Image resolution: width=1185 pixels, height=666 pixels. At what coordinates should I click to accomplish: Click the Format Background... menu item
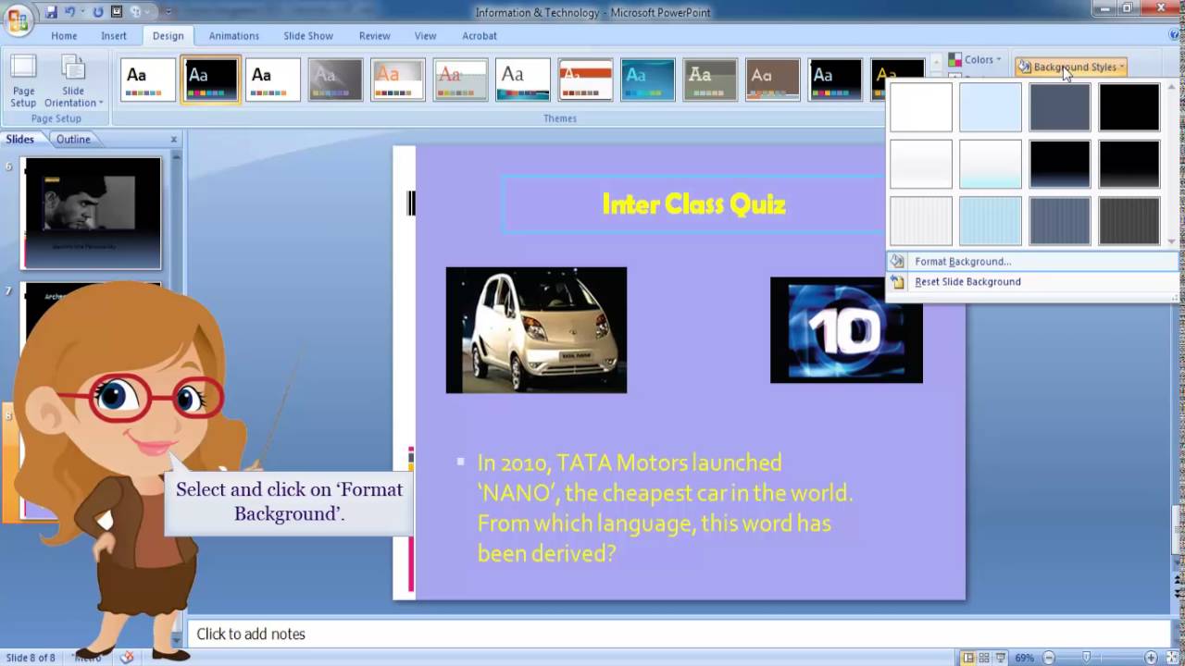point(962,262)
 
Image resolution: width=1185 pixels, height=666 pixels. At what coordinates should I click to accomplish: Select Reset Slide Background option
point(967,282)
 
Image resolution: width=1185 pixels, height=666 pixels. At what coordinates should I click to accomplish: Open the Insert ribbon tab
point(114,36)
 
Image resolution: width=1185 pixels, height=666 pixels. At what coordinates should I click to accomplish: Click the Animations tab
point(233,36)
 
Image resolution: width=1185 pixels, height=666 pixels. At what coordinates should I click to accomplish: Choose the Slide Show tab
point(307,36)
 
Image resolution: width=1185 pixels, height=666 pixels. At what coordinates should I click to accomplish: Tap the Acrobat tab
point(479,36)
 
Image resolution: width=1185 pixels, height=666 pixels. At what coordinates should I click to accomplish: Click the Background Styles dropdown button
point(1070,68)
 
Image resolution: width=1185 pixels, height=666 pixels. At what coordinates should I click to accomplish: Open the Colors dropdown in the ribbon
point(974,60)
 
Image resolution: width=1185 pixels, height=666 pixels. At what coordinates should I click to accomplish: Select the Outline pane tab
point(73,140)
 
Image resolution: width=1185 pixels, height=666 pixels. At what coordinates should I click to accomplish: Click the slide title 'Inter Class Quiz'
point(693,204)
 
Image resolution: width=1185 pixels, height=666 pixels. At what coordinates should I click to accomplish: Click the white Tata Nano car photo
point(536,330)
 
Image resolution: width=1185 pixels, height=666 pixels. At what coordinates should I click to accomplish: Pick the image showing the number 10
point(846,330)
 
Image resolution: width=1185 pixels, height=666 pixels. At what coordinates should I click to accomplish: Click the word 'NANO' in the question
point(510,493)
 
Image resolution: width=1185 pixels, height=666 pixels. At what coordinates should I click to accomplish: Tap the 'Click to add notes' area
point(251,635)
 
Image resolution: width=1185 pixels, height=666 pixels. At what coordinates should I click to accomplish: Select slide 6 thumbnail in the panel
point(92,213)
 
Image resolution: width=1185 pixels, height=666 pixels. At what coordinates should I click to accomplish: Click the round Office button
point(18,19)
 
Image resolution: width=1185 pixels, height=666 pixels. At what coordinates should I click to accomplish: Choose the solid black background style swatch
point(1129,107)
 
